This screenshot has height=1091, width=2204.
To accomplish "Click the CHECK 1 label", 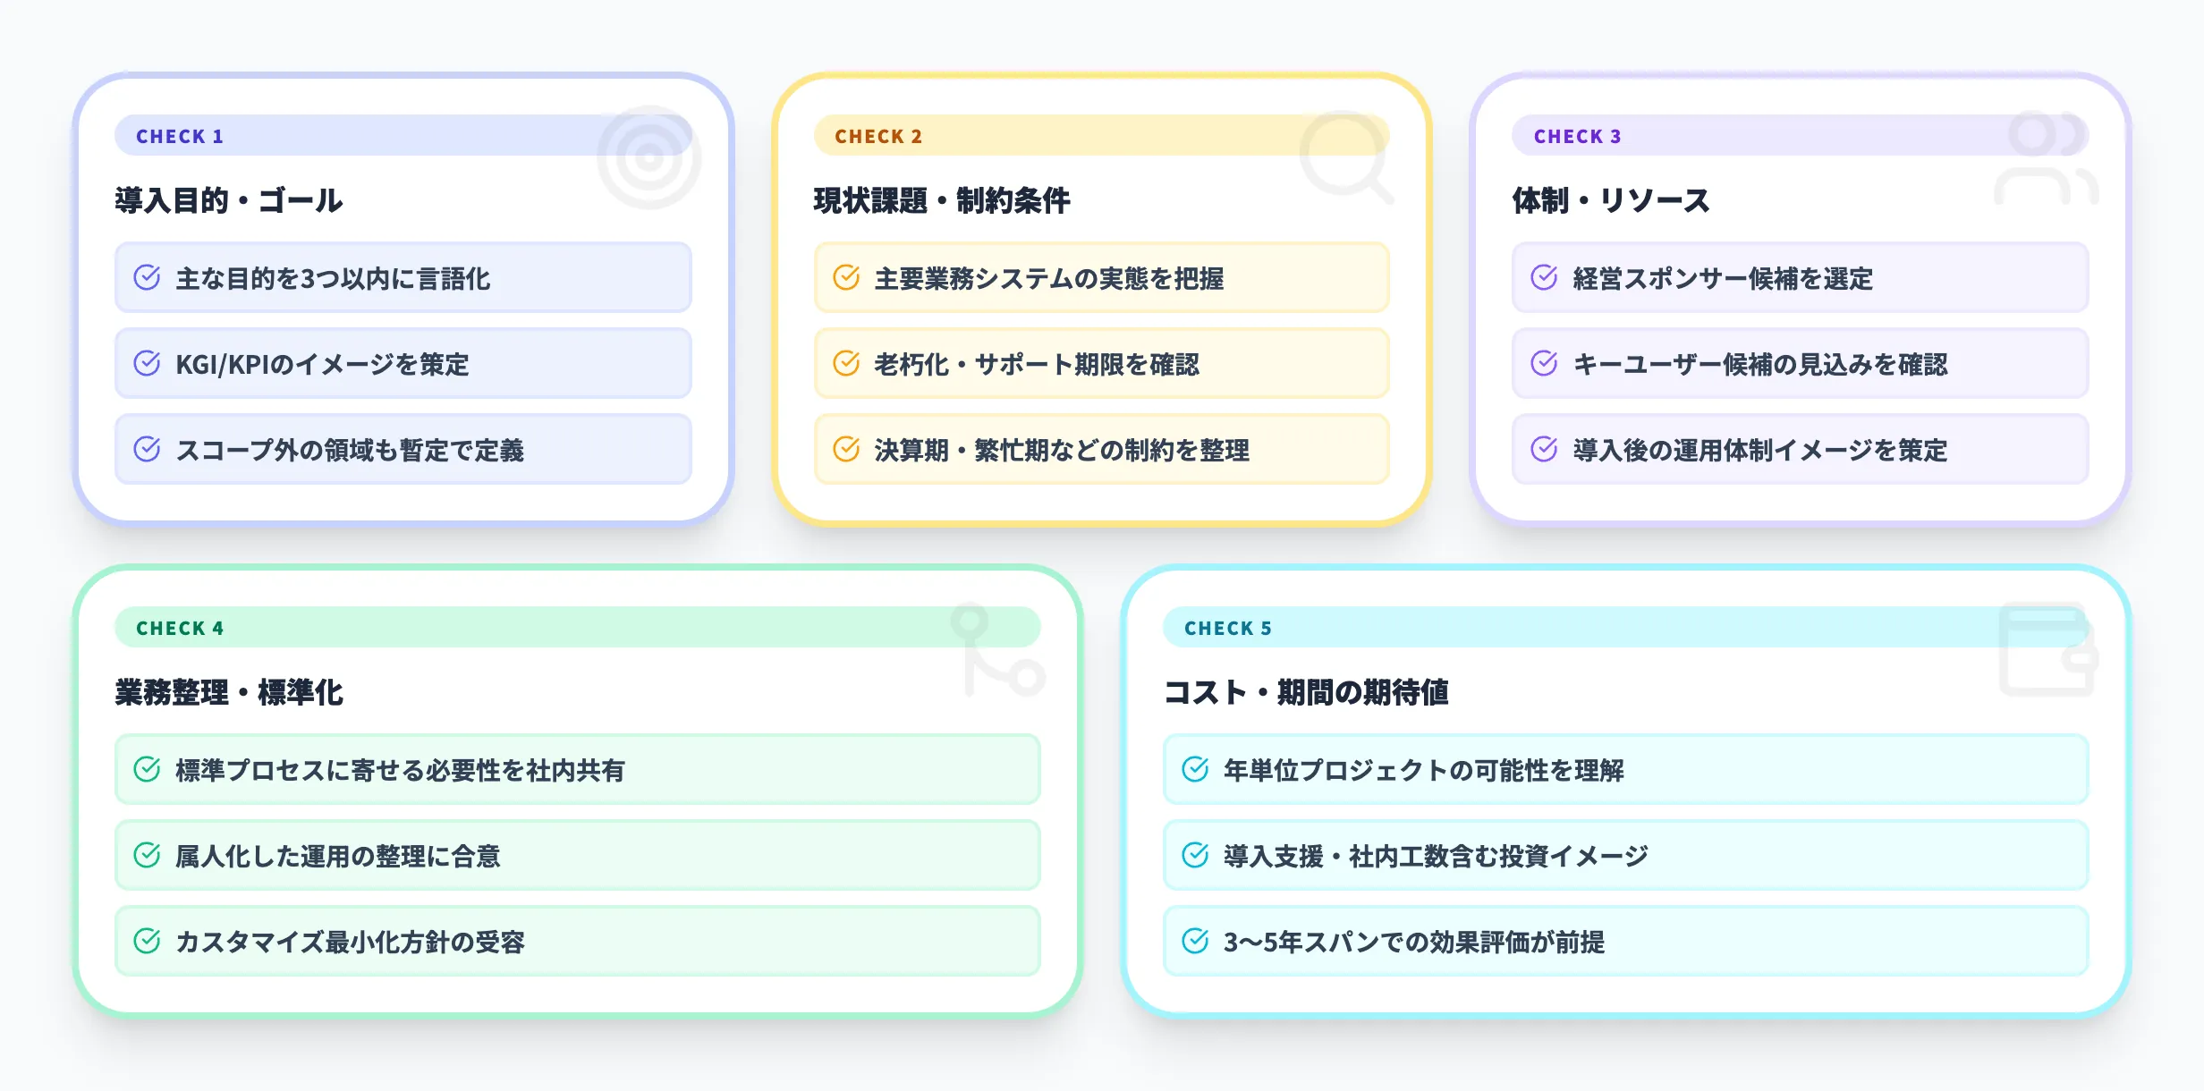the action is [179, 136].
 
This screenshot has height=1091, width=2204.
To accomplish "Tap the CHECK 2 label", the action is [877, 136].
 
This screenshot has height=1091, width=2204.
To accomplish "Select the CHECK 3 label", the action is [1577, 136].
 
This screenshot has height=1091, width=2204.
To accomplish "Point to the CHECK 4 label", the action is [179, 628].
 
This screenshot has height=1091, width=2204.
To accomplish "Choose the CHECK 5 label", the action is [1227, 628].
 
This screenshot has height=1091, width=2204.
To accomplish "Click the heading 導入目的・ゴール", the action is [229, 200].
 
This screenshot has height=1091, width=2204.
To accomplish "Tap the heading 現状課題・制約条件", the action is [942, 200].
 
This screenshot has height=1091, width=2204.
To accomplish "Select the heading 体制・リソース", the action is [1611, 200].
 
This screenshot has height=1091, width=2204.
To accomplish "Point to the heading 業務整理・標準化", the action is [229, 692].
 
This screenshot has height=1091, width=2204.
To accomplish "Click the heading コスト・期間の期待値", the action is [1306, 692].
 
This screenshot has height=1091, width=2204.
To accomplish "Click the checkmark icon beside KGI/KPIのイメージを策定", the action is [147, 363].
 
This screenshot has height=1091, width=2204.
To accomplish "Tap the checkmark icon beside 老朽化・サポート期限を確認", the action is [846, 363].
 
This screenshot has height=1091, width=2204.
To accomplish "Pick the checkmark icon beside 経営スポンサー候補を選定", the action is [1544, 277].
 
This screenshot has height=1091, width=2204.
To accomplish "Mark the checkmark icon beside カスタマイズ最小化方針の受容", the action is [147, 941].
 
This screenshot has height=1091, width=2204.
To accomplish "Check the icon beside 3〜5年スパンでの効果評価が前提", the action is [1195, 941].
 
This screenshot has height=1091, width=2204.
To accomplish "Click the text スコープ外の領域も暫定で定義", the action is [350, 450].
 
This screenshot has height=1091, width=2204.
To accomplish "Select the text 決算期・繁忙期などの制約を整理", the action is [1062, 450].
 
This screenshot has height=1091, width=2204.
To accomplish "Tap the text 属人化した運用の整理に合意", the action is [338, 856].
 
